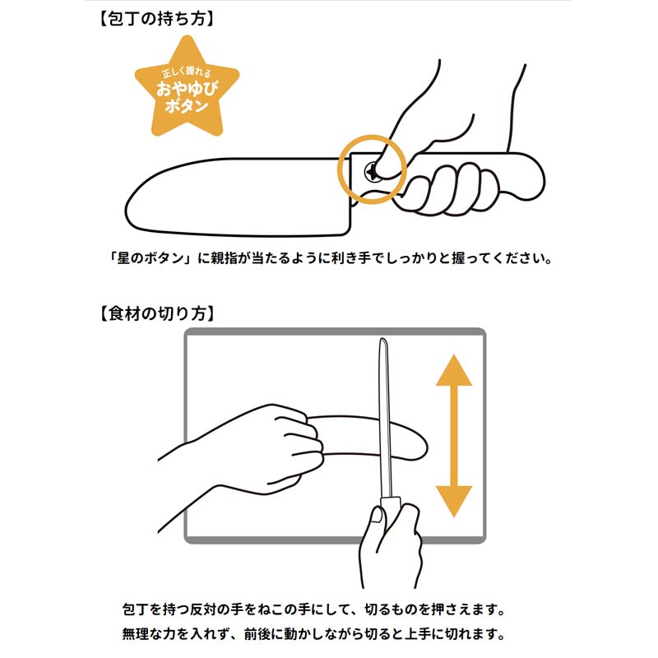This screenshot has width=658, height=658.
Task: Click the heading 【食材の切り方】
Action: (156, 313)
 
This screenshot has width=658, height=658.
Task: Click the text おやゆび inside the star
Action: (188, 89)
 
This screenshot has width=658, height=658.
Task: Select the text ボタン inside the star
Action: (187, 106)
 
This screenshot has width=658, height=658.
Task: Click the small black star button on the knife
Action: (372, 171)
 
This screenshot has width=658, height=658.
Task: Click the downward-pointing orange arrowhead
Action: (454, 502)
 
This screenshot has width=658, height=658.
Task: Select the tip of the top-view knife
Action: (382, 339)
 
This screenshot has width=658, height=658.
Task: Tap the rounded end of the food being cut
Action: (421, 445)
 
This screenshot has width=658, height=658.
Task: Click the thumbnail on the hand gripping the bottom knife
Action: (378, 515)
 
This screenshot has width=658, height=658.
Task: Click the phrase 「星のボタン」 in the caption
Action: (151, 258)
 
